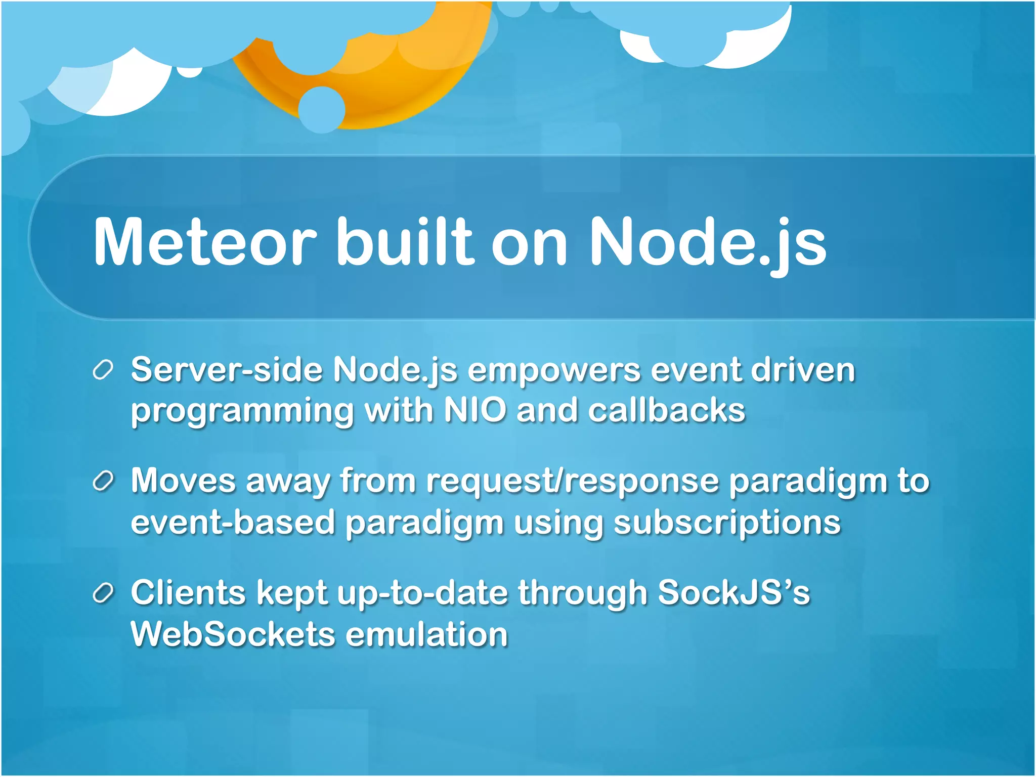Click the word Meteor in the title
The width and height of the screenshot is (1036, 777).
205,241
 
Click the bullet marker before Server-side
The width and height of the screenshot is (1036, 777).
103,370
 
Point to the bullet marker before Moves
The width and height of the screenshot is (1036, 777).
103,482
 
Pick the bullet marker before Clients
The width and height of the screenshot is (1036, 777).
103,593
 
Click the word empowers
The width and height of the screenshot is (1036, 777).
554,371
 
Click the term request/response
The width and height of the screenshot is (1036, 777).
572,481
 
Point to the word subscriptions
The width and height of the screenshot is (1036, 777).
727,523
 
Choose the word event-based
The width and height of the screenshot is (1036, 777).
233,523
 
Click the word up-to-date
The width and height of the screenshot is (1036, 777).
422,593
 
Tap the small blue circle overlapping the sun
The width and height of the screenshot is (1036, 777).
322,109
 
